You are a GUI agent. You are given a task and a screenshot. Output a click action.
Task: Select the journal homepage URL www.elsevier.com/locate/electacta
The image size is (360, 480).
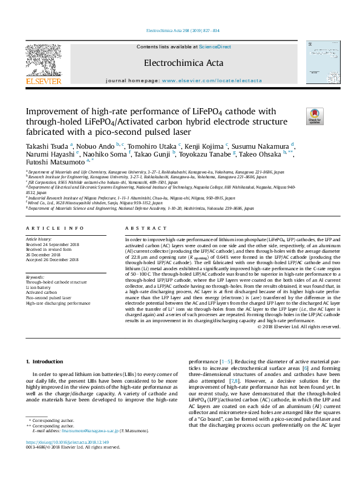click(x=212, y=80)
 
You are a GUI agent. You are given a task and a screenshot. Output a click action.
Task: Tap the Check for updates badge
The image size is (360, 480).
click(x=315, y=116)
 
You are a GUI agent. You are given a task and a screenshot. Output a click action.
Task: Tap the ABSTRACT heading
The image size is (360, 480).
click(x=141, y=229)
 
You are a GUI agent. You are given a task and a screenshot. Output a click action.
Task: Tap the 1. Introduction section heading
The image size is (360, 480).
click(x=46, y=361)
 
